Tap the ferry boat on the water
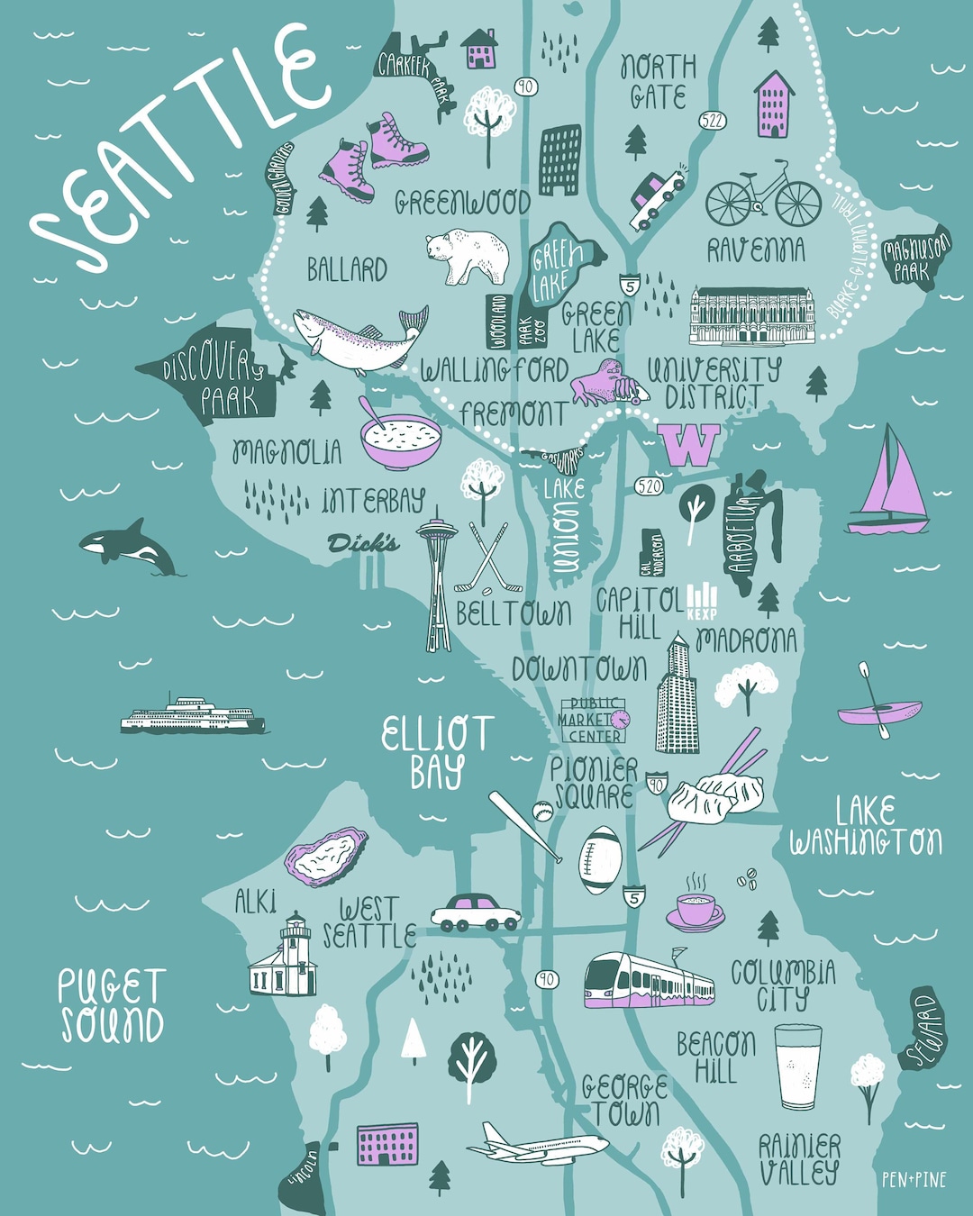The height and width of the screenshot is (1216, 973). point(193,715)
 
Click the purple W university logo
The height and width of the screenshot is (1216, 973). point(689,445)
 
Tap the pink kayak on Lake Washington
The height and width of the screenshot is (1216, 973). point(878,712)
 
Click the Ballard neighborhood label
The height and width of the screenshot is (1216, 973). point(347,269)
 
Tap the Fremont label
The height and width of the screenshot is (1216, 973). point(514,413)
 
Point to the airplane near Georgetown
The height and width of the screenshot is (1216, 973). point(538,1146)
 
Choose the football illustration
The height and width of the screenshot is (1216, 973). point(600,860)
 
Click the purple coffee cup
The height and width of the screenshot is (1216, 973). point(696,910)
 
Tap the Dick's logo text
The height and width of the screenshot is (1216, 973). point(363,543)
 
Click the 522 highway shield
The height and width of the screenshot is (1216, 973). point(712,121)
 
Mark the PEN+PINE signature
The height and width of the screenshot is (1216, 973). point(914,1179)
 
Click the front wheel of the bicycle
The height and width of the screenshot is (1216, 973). point(797,204)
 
